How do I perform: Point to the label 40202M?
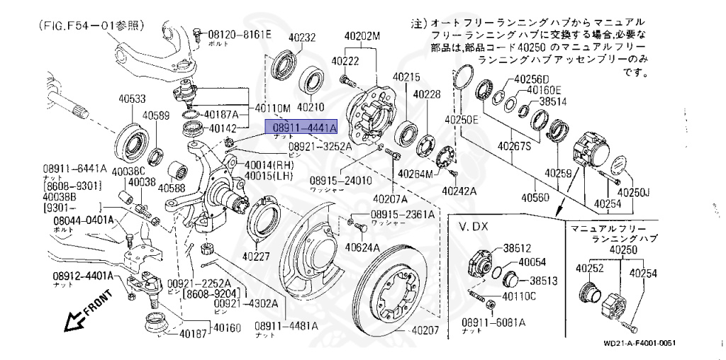[362, 35]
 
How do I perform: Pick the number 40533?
[132, 99]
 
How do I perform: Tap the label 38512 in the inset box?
[518, 248]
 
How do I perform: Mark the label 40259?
[559, 172]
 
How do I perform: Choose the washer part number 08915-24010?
[340, 181]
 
